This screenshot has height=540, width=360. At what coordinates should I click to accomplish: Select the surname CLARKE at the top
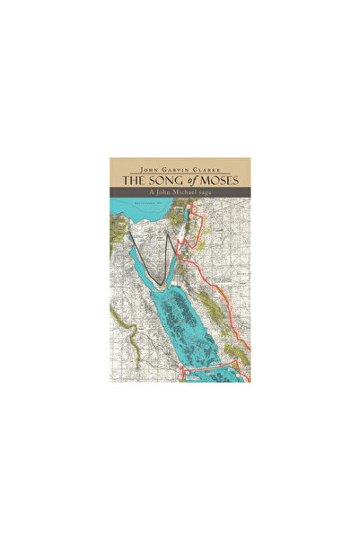click(x=212, y=166)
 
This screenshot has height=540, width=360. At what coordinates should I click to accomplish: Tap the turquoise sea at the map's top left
click(x=126, y=214)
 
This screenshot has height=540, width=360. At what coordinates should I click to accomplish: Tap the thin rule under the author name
click(x=180, y=173)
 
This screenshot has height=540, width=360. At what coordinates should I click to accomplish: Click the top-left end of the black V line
click(x=129, y=235)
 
